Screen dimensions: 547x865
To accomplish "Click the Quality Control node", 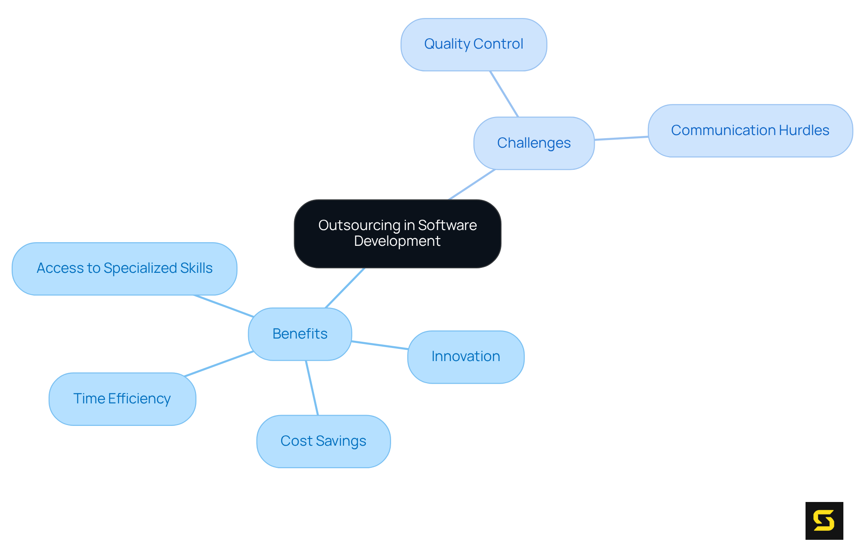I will click(x=473, y=45).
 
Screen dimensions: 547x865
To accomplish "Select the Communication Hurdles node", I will click(x=750, y=131).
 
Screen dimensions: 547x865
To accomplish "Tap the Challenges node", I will click(x=534, y=143).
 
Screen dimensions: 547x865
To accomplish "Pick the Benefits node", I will click(x=300, y=334).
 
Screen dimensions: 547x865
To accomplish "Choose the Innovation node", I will click(x=465, y=357).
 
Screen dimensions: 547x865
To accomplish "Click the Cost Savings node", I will click(x=323, y=441).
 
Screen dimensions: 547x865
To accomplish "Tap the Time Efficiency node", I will click(x=122, y=399).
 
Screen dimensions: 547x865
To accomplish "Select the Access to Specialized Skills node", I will click(x=124, y=269).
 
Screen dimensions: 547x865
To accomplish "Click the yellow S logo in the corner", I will click(x=824, y=520).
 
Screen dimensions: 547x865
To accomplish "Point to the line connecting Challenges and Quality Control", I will click(x=504, y=94).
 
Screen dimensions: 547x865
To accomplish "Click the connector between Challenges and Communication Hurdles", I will click(x=621, y=138).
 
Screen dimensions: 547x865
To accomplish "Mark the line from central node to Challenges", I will click(x=472, y=185).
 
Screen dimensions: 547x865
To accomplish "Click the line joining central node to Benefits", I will click(x=345, y=288).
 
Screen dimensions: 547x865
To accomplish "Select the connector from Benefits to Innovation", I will click(x=380, y=345).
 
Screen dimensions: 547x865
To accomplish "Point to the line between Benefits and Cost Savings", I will click(x=312, y=388).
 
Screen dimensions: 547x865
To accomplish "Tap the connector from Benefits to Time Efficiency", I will click(x=219, y=364).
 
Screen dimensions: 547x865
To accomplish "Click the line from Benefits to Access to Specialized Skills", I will click(x=224, y=306).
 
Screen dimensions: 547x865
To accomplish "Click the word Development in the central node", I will click(x=397, y=241).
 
